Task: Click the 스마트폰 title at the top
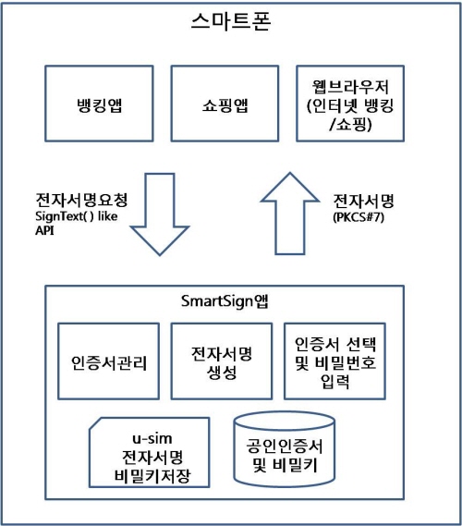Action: (x=231, y=21)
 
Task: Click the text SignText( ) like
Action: (x=77, y=216)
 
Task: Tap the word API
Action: (x=44, y=231)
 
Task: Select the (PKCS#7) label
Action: (x=359, y=217)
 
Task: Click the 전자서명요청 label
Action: (x=81, y=200)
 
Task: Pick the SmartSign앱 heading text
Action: (x=225, y=301)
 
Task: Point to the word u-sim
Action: (x=152, y=439)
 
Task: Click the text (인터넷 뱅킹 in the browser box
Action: (x=350, y=106)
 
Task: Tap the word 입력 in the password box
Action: (x=334, y=381)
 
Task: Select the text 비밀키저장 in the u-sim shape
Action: (x=152, y=476)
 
